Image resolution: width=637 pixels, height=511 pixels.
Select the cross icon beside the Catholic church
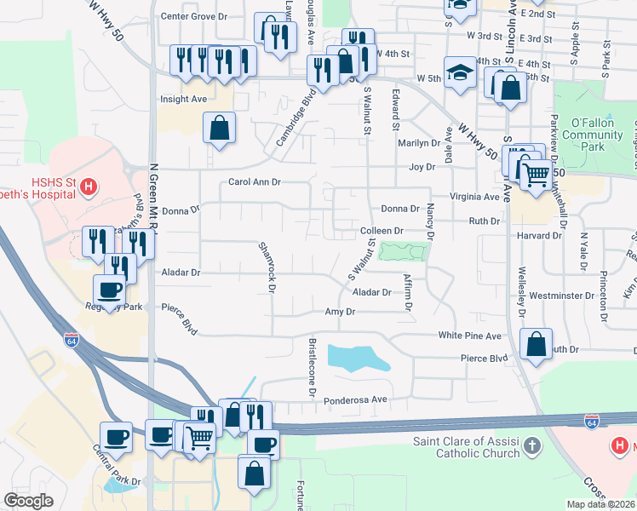pos(531,445)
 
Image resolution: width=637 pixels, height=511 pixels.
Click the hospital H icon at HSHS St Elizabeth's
pos(88,187)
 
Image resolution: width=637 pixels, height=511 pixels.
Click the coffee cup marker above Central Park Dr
pos(116,437)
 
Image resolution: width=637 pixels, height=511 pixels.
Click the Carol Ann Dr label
pos(255,182)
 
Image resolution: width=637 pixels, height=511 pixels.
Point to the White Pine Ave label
pos(470,336)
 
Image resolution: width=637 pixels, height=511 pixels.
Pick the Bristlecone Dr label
pos(312,370)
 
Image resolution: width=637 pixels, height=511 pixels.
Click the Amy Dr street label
pos(340,313)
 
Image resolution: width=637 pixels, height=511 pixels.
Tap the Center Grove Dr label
pos(194,16)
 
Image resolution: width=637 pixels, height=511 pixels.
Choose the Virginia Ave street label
pos(468,196)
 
